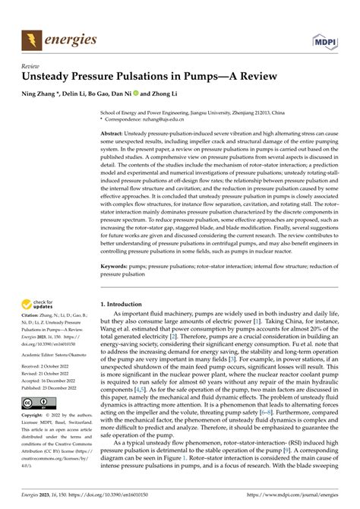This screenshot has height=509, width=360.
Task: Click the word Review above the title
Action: [30, 65]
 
